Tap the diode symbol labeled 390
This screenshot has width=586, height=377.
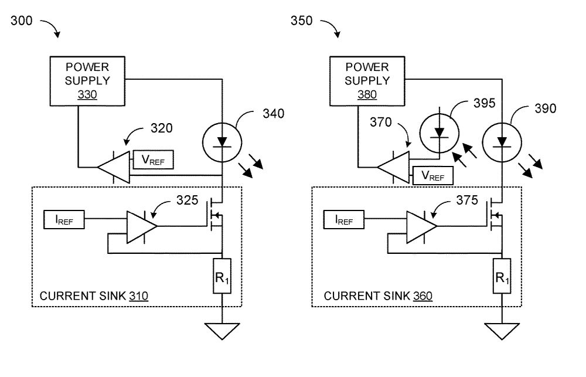pyautogui.click(x=502, y=140)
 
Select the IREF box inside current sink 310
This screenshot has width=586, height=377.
pyautogui.click(x=64, y=221)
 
